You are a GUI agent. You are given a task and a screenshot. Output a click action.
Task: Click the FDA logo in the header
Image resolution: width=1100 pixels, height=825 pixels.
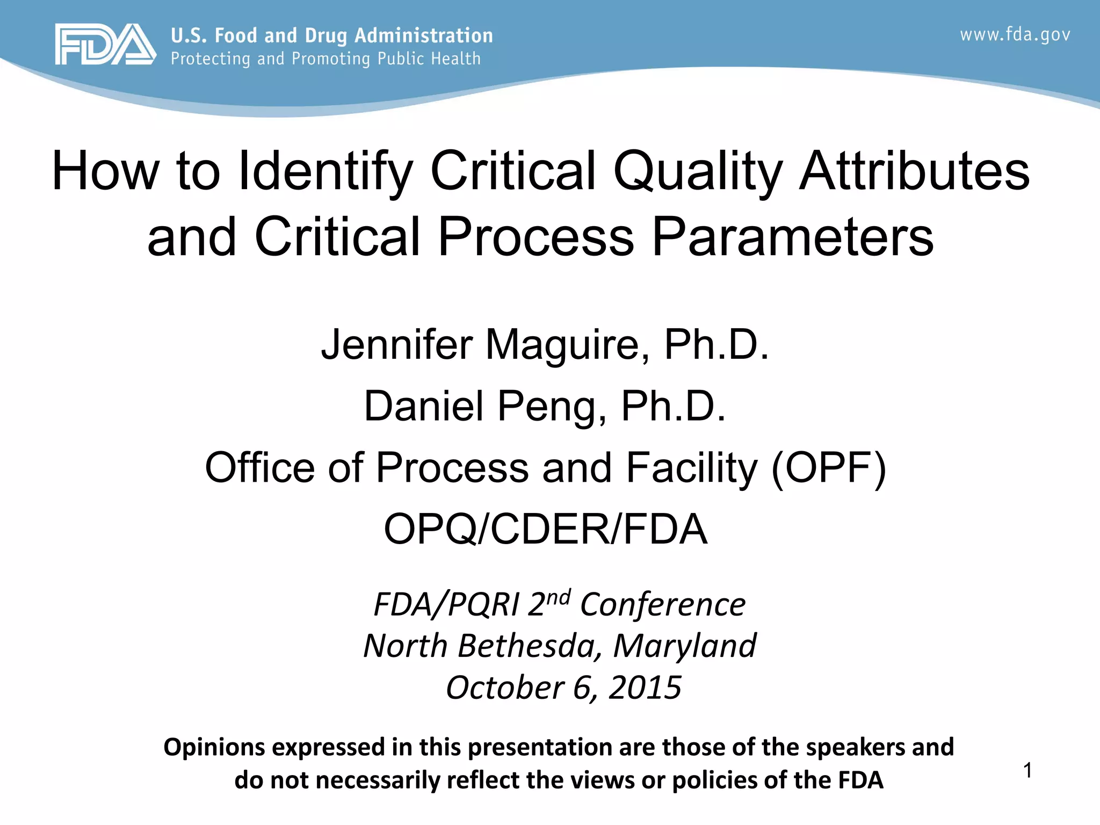tap(105, 45)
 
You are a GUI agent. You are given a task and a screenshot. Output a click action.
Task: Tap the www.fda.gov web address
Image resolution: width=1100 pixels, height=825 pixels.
tap(1015, 35)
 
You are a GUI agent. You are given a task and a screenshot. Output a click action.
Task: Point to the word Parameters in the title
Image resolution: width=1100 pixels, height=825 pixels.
tap(792, 237)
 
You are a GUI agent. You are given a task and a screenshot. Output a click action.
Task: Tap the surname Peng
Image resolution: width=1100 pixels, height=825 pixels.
tap(553, 406)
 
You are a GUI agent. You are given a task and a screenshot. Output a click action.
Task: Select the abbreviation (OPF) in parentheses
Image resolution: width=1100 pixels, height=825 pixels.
tap(828, 468)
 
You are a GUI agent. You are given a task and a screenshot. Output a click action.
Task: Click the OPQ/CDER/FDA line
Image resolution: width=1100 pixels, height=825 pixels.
tap(545, 530)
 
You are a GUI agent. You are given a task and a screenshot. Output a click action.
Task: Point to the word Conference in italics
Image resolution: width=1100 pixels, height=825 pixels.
tap(663, 605)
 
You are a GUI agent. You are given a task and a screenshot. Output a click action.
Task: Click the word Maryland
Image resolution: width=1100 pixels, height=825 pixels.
tap(684, 646)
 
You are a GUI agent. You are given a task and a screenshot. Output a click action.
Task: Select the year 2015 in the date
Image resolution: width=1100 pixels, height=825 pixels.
tap(645, 687)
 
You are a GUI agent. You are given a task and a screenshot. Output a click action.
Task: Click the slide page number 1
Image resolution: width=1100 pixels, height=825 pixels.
tap(1027, 771)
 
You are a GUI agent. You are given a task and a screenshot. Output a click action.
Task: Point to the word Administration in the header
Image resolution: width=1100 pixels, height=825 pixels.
tap(423, 35)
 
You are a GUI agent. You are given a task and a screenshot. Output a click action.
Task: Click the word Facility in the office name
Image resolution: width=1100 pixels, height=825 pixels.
tap(692, 468)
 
